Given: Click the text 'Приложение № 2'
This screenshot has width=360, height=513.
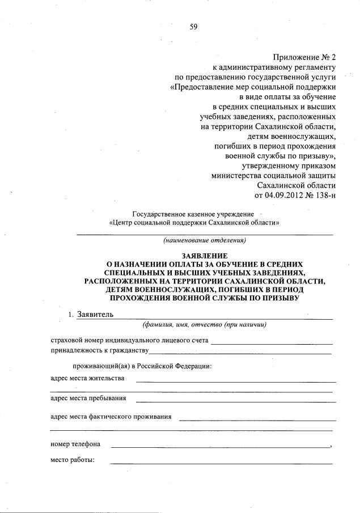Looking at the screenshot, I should click(304, 57).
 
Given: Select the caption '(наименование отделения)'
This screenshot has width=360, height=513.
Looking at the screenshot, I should click(204, 240).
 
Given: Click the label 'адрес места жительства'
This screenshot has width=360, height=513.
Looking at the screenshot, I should click(87, 379).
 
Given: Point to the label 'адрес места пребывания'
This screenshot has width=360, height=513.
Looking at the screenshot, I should click(88, 398).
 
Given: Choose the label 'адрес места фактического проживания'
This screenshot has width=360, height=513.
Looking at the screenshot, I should click(111, 417).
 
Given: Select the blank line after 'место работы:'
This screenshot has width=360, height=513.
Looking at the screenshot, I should click(221, 463).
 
